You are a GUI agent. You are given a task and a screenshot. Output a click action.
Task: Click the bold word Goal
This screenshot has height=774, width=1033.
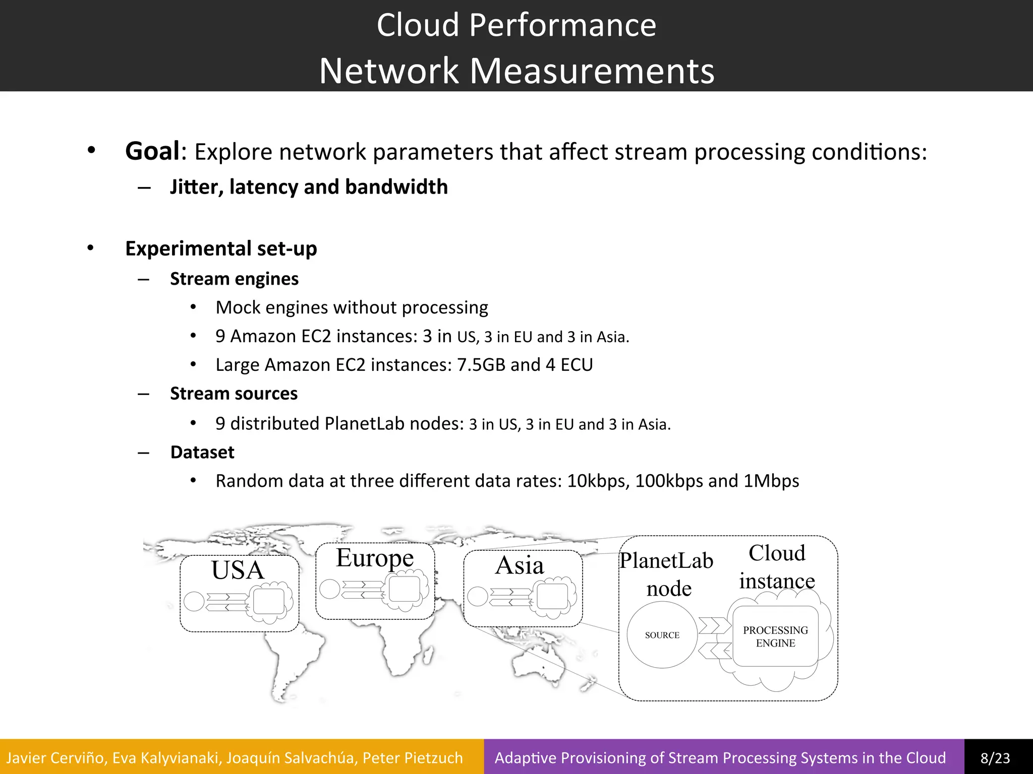[x=152, y=151]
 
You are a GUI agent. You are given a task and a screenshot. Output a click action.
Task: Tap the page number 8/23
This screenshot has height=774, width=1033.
[x=995, y=758]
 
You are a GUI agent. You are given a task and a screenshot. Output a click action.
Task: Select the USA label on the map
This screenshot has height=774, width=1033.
[x=238, y=570]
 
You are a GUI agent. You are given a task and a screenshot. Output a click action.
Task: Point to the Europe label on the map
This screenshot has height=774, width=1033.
[x=375, y=558]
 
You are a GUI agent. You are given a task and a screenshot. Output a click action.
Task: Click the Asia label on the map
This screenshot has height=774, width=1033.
[x=520, y=565]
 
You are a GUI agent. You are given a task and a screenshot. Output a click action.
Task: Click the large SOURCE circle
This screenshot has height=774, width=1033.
[x=662, y=635]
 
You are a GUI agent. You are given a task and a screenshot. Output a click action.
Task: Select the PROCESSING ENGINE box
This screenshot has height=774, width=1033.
[x=775, y=636]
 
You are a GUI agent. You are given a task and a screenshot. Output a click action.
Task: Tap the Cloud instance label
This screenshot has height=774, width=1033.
[x=777, y=567]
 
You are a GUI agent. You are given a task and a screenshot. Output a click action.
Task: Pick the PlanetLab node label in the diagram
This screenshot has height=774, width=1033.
[x=667, y=574]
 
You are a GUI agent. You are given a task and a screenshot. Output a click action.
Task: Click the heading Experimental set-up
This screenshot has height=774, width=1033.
[x=221, y=248]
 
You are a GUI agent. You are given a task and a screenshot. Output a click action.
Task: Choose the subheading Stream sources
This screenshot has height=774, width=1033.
[x=234, y=394]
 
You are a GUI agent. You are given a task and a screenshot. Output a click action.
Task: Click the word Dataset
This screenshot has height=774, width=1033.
[x=202, y=453]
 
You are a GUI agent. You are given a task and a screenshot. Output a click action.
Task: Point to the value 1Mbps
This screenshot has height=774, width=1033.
[x=771, y=481]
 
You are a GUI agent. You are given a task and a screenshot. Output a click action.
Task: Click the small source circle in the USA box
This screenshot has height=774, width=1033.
[x=194, y=601]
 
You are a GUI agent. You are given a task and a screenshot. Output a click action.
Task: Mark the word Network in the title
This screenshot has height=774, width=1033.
[x=388, y=71]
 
